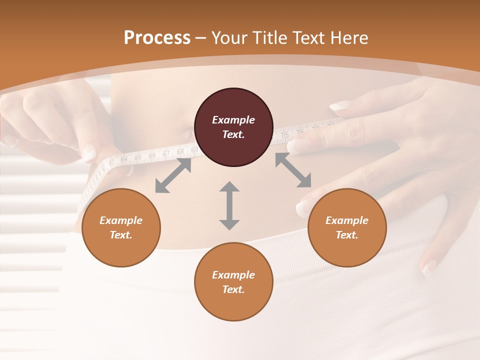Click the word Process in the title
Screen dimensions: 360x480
coord(157,38)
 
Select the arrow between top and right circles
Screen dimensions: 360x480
coord(293,170)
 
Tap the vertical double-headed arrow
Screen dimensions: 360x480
coord(229,206)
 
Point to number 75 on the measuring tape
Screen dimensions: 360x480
coord(284,135)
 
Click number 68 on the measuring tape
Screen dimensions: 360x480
coord(180,150)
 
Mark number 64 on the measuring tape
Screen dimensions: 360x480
coord(123,159)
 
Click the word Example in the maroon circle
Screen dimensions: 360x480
coord(233,120)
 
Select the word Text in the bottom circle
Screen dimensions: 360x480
coord(233,289)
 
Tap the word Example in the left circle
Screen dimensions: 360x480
coord(121,220)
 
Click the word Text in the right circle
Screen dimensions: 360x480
coord(347,235)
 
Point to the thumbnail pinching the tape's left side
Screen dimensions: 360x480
coord(89,153)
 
